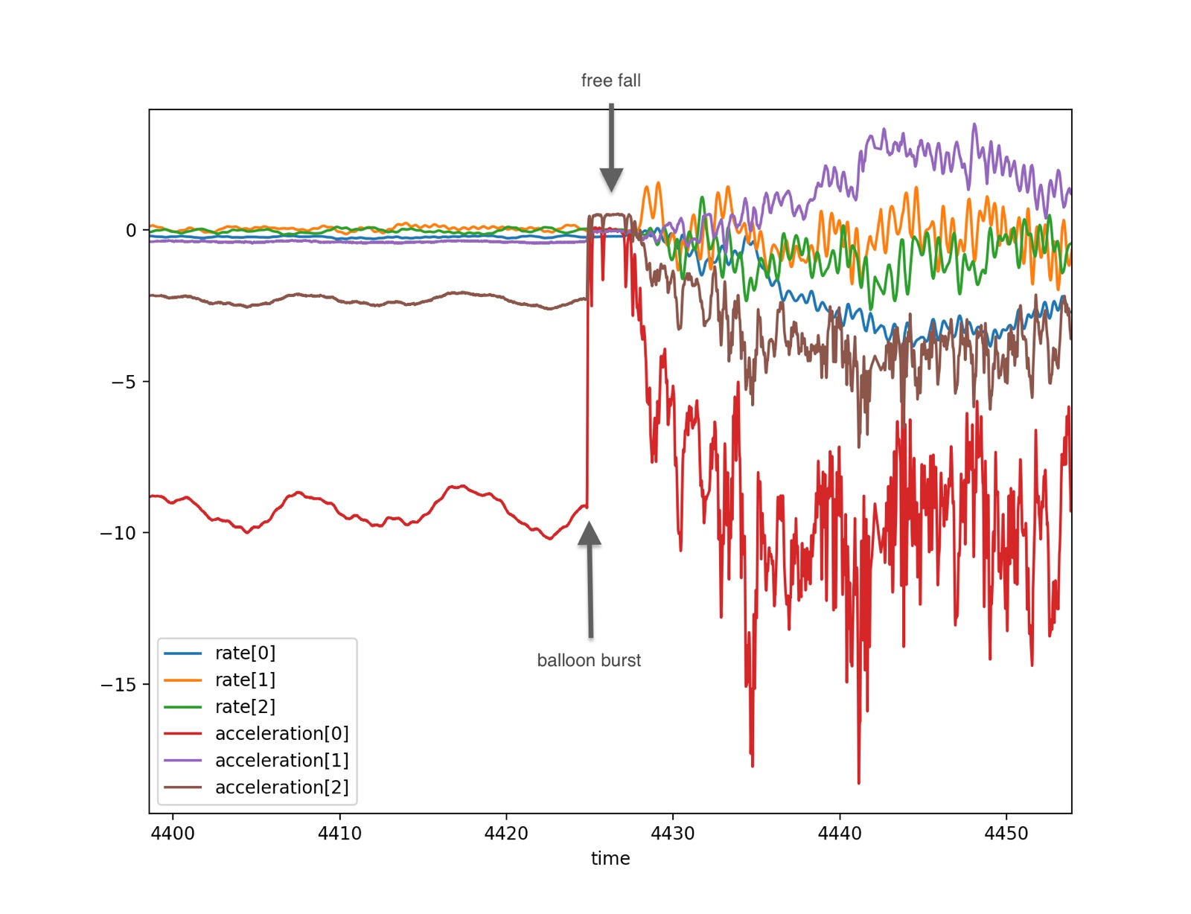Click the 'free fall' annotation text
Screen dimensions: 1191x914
610,80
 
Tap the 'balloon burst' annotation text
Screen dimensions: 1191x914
589,660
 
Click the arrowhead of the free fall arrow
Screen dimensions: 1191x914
611,180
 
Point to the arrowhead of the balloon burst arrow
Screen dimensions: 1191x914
590,533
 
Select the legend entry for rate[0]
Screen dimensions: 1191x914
220,653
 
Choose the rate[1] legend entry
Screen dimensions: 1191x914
220,680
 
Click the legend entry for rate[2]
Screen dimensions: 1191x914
220,707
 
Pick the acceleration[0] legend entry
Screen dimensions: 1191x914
256,734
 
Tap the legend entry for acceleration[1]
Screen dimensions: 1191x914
256,761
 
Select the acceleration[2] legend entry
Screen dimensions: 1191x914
256,787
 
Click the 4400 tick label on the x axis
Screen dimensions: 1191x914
173,834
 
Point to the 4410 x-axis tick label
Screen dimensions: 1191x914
340,834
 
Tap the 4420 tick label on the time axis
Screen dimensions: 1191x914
506,834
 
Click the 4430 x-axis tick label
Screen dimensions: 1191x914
672,834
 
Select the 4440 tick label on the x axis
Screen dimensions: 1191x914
840,834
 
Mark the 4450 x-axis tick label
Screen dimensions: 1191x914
1006,834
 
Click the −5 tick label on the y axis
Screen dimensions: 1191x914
124,382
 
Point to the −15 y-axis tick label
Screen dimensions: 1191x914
118,685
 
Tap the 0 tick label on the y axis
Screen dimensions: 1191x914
131,230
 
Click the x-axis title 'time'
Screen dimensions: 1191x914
610,859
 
